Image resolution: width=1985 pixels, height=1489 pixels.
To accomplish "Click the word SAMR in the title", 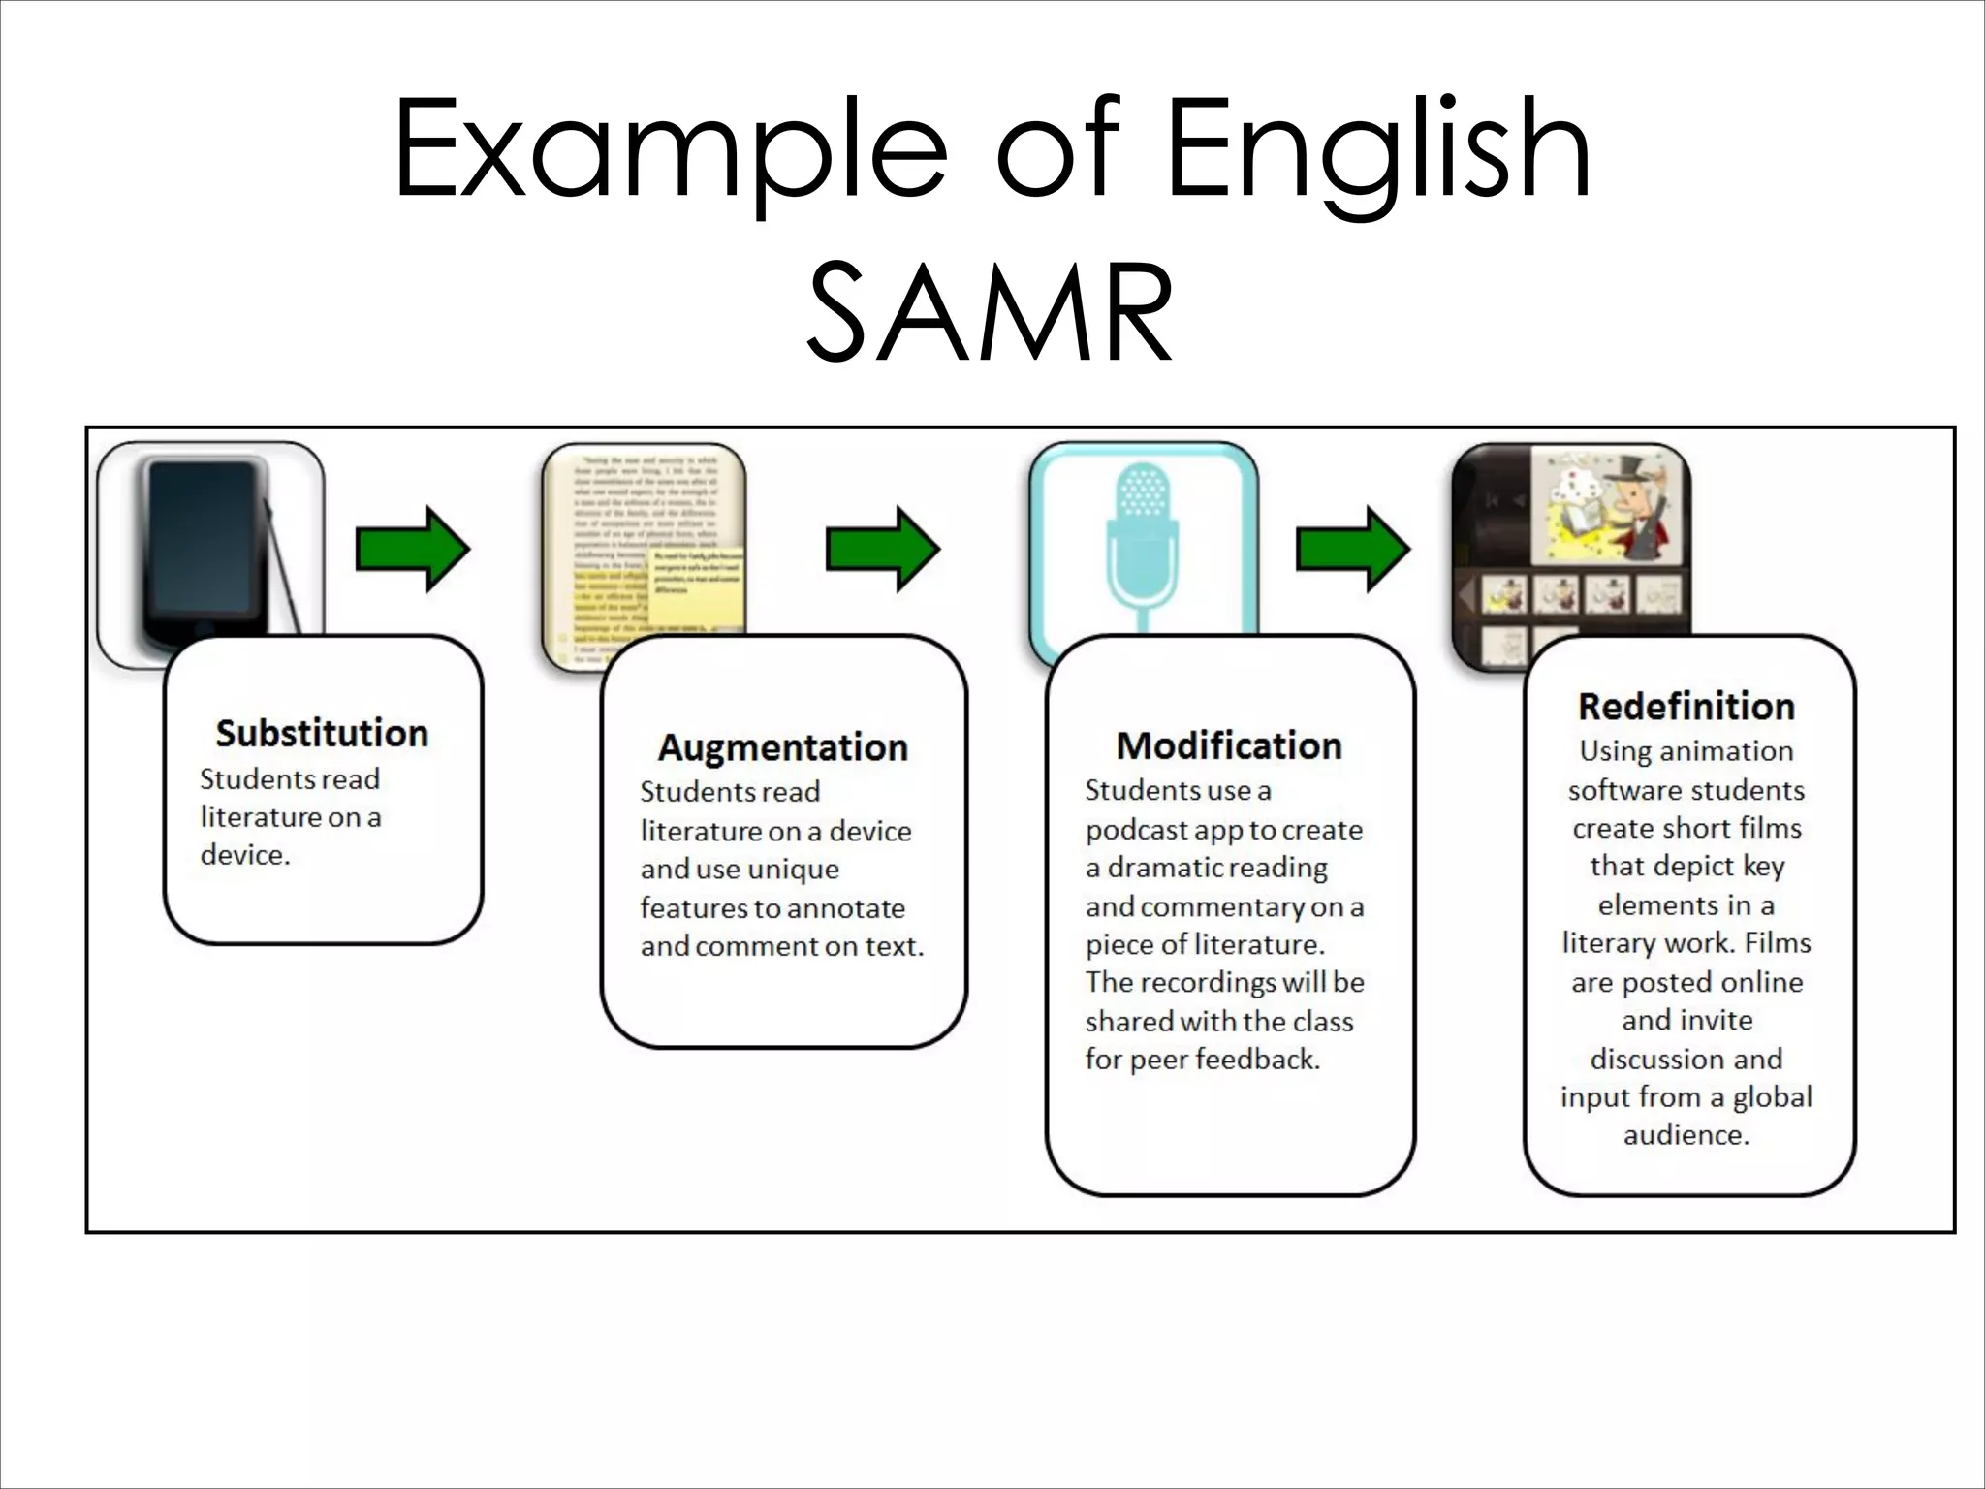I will click(x=991, y=314).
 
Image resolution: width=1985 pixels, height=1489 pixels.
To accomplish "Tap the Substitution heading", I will click(x=322, y=733).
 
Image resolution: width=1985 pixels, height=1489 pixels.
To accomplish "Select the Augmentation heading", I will click(x=783, y=747).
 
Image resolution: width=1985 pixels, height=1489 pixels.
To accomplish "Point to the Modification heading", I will click(x=1229, y=745).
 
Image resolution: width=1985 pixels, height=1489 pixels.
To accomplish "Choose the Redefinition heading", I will click(x=1686, y=706).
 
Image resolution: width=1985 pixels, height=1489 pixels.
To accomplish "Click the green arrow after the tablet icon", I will click(x=413, y=549).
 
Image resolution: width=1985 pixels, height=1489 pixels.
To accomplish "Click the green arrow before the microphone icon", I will click(x=882, y=549).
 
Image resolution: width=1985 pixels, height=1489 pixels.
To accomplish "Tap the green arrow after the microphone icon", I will click(x=1353, y=549).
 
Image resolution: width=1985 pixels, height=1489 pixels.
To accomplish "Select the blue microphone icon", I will click(x=1143, y=543).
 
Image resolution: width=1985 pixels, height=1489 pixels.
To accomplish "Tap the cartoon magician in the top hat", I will click(x=1638, y=509).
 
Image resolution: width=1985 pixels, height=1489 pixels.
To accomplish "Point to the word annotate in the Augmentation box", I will click(x=845, y=908).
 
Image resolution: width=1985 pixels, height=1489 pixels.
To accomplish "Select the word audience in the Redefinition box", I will click(x=1686, y=1135).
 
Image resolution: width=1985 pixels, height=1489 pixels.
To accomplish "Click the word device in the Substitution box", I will click(x=243, y=855).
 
